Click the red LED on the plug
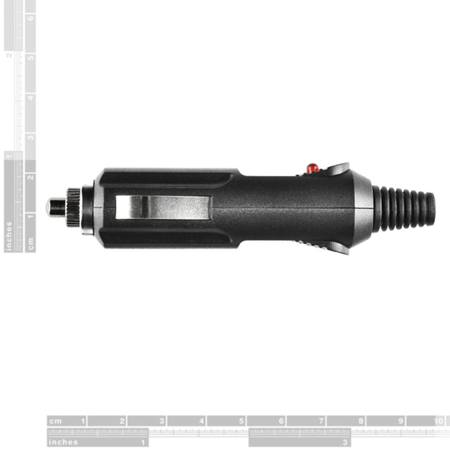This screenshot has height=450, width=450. point(312,168)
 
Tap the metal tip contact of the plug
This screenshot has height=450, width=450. point(55,207)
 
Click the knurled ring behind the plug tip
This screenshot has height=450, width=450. point(73,207)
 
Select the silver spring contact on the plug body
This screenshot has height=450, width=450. point(163,207)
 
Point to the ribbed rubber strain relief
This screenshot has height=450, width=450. point(404,208)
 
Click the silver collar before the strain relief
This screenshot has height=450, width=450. point(363,208)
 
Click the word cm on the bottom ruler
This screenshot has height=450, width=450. point(57,422)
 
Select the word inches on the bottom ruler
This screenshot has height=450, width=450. point(63,442)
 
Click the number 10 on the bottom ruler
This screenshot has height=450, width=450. point(438,422)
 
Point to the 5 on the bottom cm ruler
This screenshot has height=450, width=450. point(242,422)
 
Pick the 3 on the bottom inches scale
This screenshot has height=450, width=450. point(346,442)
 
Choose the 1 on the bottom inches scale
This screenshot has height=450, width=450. point(143,442)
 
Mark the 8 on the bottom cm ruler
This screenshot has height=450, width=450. point(361,422)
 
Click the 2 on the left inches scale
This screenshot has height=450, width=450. point(9,55)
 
